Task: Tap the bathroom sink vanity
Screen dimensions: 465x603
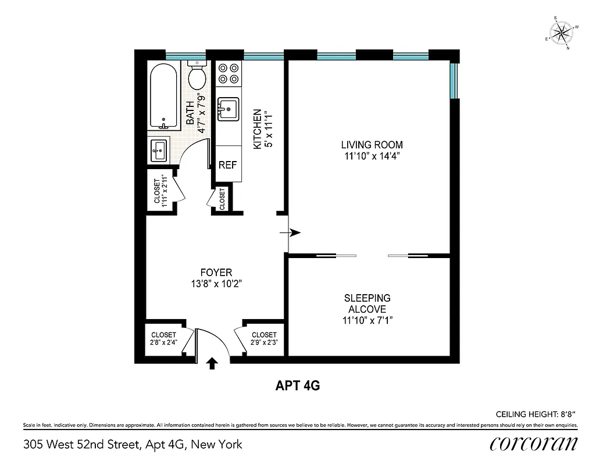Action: (159, 151)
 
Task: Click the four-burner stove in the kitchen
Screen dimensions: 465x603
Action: (229, 73)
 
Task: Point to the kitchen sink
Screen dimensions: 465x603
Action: (229, 108)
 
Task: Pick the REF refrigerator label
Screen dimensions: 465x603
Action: (227, 164)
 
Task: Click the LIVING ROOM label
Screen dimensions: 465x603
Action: (372, 145)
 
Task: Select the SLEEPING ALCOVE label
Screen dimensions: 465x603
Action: (367, 303)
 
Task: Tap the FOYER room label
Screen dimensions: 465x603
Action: (216, 272)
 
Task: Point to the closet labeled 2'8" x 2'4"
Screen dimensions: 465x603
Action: (163, 339)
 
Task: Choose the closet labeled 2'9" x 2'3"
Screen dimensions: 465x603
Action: (264, 339)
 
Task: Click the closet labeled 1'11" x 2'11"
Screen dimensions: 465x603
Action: (160, 191)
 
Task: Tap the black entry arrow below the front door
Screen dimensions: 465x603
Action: (212, 363)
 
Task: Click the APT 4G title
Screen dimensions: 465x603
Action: (297, 385)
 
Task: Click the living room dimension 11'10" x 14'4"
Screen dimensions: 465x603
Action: (372, 156)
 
